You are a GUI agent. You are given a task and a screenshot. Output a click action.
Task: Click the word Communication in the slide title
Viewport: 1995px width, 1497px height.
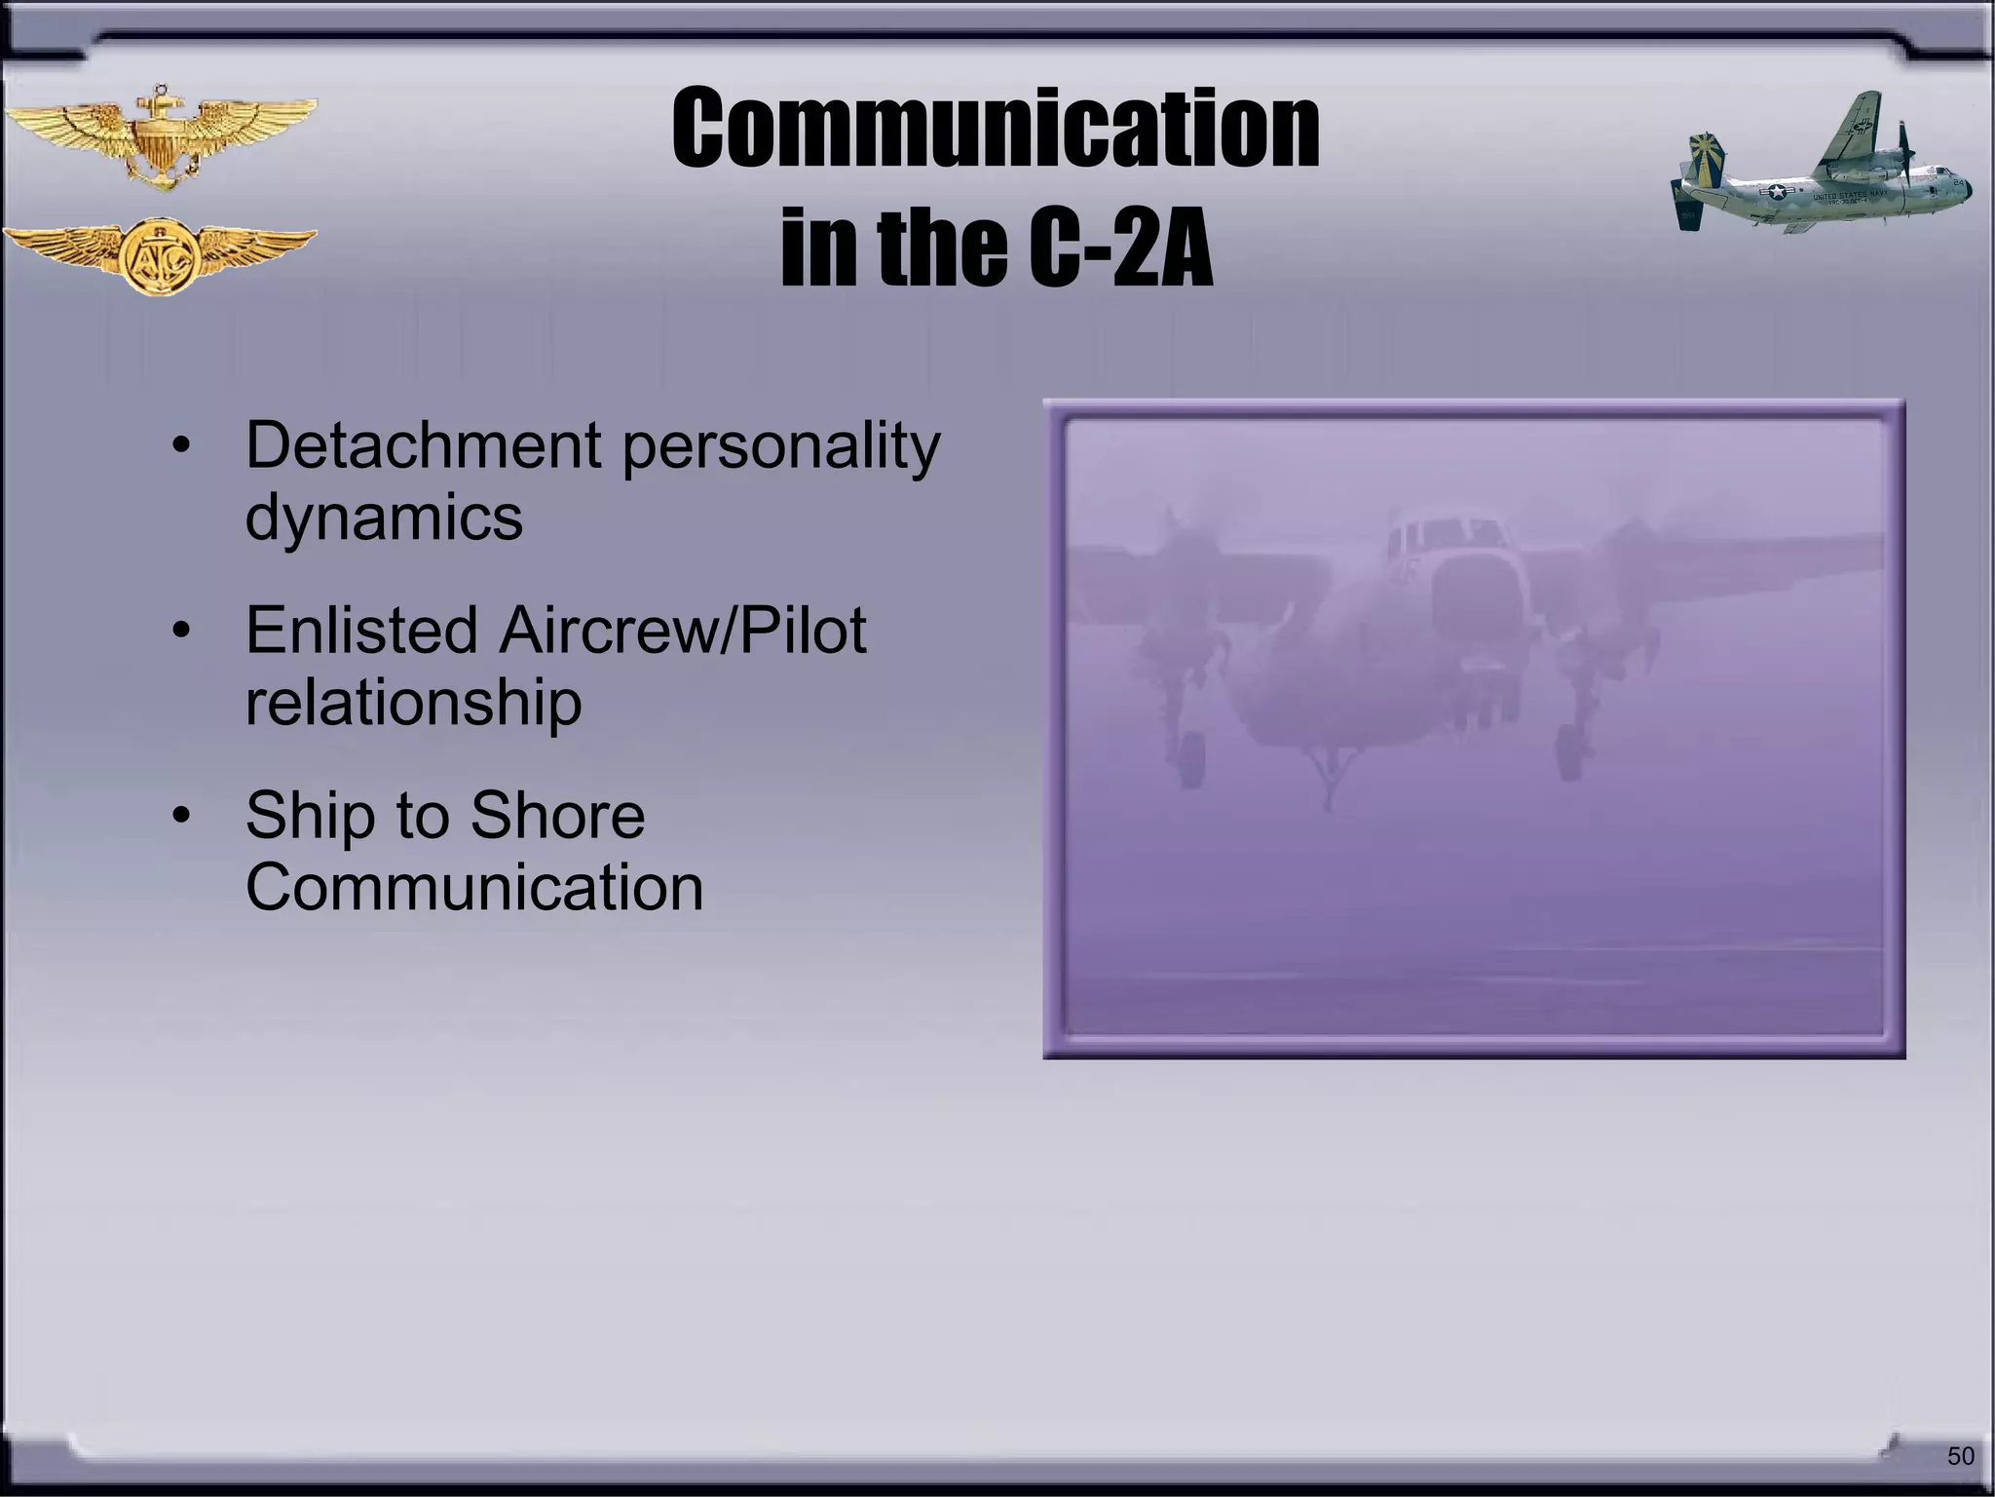point(996,130)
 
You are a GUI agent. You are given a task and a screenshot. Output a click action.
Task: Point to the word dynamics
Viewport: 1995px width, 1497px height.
point(384,518)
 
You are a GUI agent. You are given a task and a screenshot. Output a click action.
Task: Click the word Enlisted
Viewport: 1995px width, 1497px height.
point(361,630)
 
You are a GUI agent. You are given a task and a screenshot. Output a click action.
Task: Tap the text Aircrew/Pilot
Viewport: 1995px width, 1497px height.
point(683,630)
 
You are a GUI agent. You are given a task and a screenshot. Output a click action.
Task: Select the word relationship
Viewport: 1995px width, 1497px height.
point(413,703)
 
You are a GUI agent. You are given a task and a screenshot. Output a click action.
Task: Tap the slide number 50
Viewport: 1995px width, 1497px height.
point(1960,1455)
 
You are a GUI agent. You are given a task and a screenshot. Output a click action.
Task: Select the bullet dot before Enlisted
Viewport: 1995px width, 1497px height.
point(180,632)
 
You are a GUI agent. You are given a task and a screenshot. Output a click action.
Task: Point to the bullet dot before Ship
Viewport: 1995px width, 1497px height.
point(180,817)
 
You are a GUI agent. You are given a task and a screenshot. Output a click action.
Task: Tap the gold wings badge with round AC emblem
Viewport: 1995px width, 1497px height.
point(159,254)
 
